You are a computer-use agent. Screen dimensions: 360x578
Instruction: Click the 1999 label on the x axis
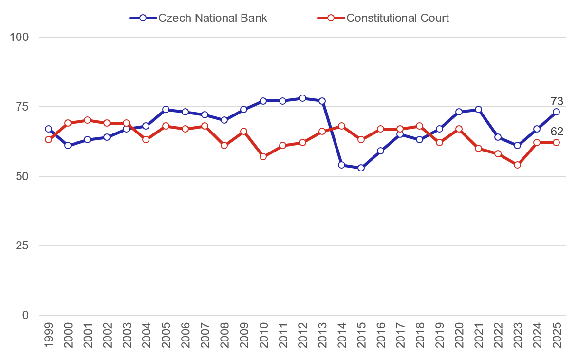click(x=48, y=335)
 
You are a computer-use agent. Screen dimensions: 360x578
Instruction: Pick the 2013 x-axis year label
click(x=322, y=335)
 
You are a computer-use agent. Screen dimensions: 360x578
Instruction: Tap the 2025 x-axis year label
click(x=556, y=335)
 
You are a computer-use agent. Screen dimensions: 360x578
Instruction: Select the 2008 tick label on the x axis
click(x=224, y=335)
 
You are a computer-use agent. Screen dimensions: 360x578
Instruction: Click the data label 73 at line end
click(x=557, y=101)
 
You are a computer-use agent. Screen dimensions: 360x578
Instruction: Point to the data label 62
click(x=557, y=131)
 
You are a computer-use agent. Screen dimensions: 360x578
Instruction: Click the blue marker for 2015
click(x=361, y=168)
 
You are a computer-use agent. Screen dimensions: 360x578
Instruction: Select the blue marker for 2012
click(x=302, y=98)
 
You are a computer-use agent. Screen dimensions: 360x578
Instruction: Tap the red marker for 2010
click(x=263, y=156)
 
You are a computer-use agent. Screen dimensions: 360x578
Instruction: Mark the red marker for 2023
click(x=517, y=165)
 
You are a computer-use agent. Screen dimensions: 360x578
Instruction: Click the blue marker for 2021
click(x=478, y=109)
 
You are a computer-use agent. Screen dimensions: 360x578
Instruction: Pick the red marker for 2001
click(x=87, y=120)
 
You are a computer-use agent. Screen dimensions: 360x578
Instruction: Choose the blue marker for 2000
click(x=68, y=145)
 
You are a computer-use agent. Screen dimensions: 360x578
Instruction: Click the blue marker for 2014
click(x=341, y=165)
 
